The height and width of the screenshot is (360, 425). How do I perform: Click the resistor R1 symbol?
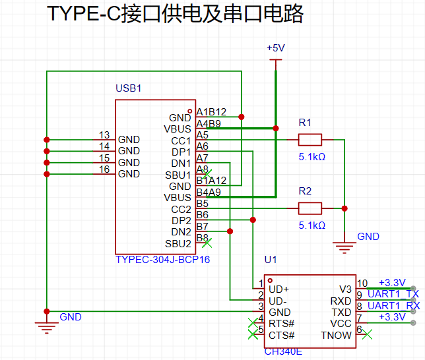pos(310,140)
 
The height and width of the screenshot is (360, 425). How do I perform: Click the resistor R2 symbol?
pos(310,208)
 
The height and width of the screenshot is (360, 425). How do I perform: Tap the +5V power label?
pos(275,49)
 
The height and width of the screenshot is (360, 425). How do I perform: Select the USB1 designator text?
pos(129,88)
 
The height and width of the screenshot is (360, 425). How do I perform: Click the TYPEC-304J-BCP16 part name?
pos(162,260)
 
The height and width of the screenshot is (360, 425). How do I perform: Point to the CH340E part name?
pos(283,351)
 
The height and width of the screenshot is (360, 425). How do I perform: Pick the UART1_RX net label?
pos(393,306)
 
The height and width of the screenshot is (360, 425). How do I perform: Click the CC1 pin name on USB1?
pos(181,140)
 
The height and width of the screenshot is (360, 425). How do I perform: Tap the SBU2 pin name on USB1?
pos(178,243)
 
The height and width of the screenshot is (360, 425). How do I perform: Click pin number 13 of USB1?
pos(104,135)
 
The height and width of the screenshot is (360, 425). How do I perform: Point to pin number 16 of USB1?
pos(104,169)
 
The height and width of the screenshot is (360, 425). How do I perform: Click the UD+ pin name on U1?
pos(279,289)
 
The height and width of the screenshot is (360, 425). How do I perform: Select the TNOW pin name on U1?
pos(337,335)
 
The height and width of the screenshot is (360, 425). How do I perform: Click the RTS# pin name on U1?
pos(280,323)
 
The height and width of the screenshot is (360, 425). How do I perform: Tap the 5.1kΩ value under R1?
pos(311,157)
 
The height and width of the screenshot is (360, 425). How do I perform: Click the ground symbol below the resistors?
pos(344,247)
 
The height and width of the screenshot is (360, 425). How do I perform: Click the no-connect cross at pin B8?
pos(207,243)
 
